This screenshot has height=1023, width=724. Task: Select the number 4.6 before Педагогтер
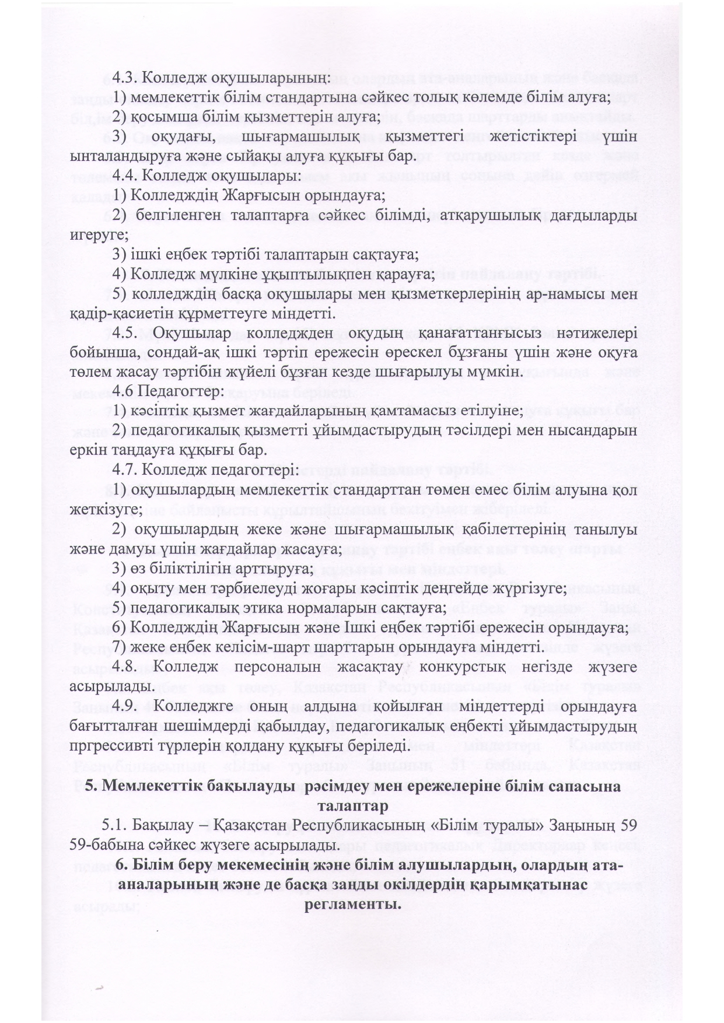click(x=125, y=392)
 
